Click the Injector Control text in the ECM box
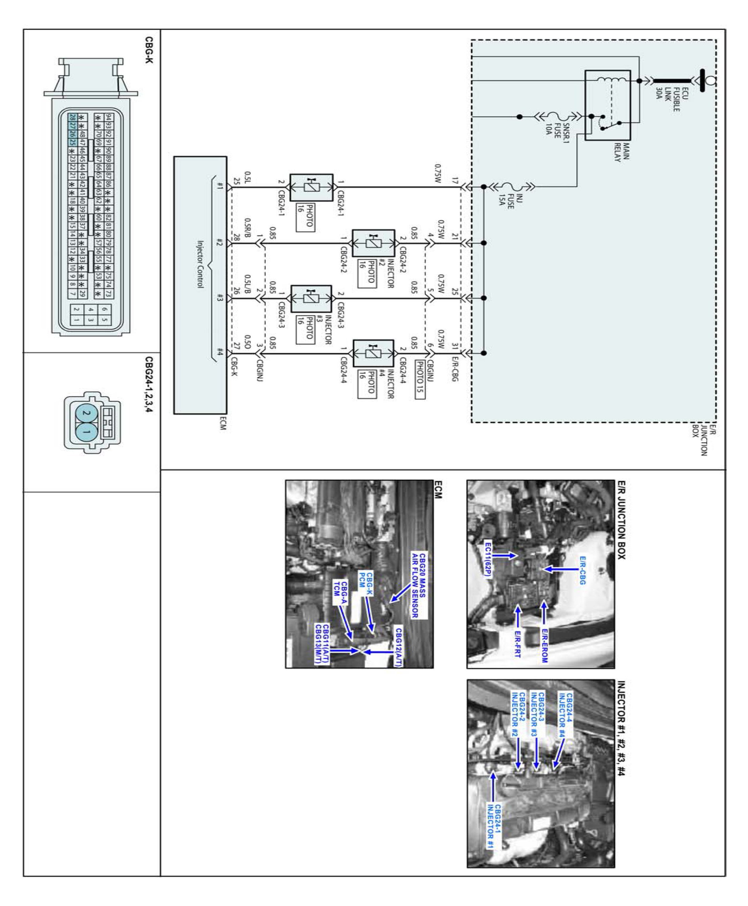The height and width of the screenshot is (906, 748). click(x=200, y=264)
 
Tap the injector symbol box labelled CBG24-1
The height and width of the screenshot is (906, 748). click(x=311, y=188)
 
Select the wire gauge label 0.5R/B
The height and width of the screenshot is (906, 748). click(x=247, y=228)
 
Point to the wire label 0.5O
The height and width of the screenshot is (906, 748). click(x=247, y=341)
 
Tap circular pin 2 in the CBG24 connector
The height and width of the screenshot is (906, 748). click(x=85, y=413)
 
